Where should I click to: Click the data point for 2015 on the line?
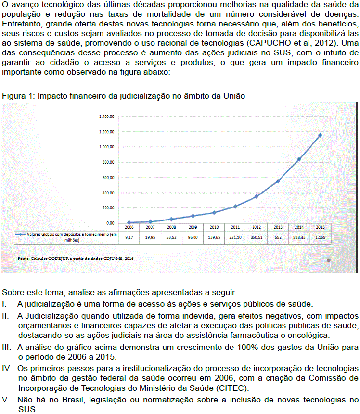320,135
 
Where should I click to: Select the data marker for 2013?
278,181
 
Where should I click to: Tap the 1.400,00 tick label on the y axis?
106,116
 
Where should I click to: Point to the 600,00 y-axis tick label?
108,178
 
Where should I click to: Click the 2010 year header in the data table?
214,227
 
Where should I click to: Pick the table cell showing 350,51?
256,237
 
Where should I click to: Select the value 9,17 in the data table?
129,237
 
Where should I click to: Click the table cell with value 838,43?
299,237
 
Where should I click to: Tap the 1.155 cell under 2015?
320,237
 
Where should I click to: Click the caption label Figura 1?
16,96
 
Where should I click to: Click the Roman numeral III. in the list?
7,347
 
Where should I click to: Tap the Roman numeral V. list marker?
6,400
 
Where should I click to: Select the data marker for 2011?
235,206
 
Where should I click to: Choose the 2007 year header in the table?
150,227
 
